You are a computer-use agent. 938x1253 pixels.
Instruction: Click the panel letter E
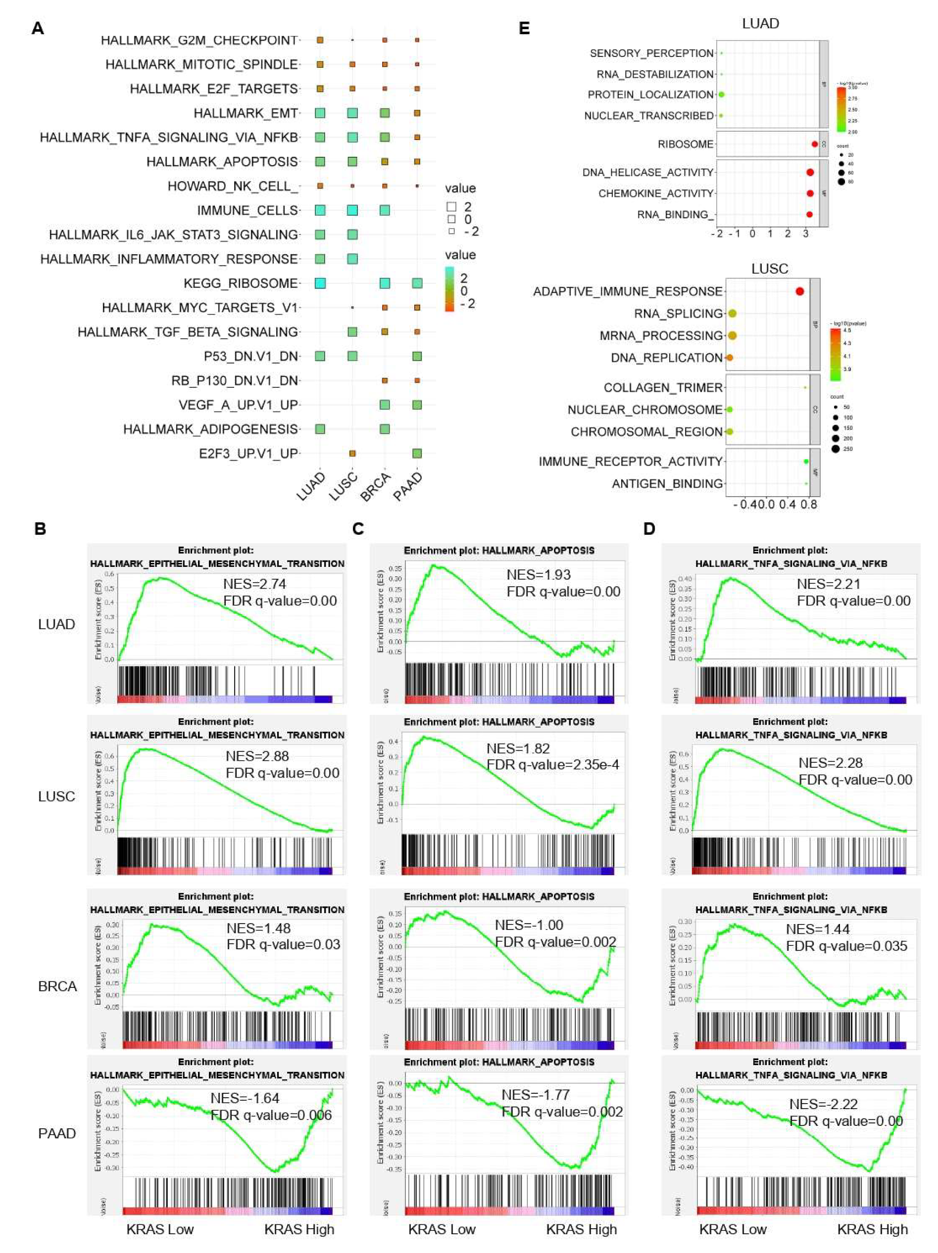[x=524, y=28]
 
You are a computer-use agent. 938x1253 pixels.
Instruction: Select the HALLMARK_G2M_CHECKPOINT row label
[x=199, y=40]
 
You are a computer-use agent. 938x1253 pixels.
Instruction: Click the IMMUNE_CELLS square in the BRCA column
[x=384, y=210]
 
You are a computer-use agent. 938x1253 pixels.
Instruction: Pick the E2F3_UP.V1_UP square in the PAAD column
[x=417, y=453]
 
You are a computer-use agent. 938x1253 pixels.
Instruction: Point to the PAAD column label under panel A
[x=408, y=487]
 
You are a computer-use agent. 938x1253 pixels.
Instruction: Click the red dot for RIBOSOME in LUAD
[x=814, y=144]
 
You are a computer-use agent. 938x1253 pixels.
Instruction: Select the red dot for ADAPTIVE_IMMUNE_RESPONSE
[x=799, y=291]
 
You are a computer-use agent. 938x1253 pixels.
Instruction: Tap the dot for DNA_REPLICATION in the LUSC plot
[x=730, y=358]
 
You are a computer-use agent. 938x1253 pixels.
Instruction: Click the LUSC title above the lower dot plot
[x=769, y=269]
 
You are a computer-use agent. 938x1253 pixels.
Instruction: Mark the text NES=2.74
[x=254, y=584]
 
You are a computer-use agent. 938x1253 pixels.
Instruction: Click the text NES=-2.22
[x=823, y=1104]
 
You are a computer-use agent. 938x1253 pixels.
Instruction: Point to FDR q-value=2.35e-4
[x=552, y=765]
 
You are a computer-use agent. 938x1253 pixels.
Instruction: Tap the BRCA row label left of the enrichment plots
[x=57, y=986]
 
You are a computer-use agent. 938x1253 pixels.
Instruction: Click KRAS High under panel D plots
[x=872, y=1229]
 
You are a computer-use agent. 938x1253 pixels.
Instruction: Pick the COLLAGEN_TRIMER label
[x=663, y=387]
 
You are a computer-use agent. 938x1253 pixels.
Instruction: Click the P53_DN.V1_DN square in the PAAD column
[x=417, y=356]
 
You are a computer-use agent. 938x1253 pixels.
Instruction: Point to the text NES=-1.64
[x=245, y=1098]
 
